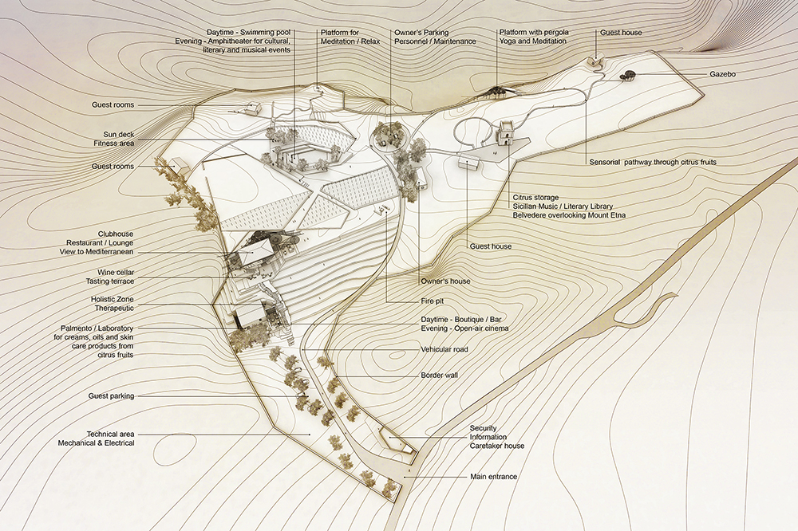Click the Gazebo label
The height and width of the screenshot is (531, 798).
tap(723, 73)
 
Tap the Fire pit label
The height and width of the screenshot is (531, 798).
tap(431, 301)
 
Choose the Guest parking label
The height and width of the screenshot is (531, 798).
tap(111, 395)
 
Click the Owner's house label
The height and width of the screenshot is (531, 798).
tap(445, 281)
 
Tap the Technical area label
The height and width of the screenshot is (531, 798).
tap(111, 434)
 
